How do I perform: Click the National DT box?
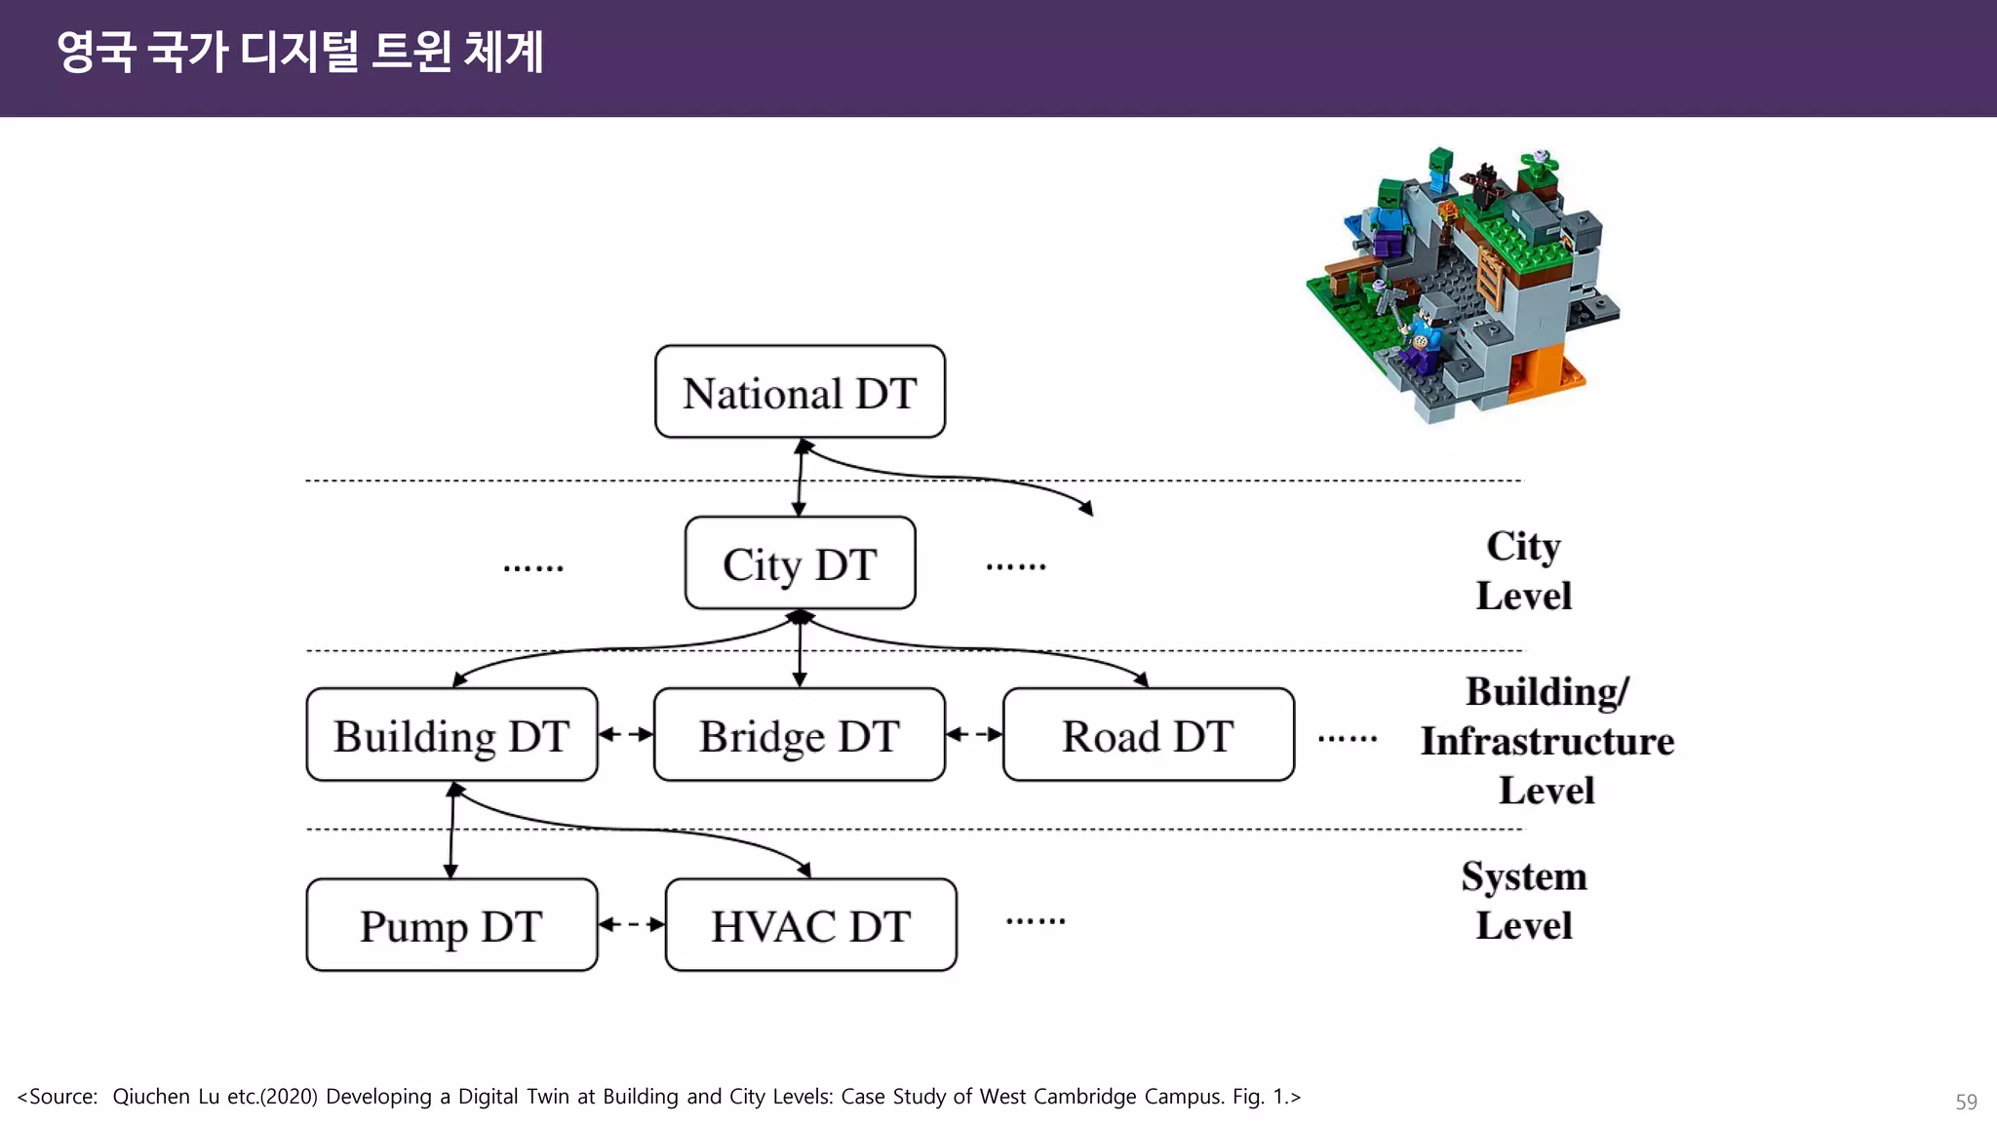800,392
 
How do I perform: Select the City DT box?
800,563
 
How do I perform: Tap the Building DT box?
451,735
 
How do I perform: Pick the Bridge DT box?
800,735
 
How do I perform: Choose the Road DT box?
1148,735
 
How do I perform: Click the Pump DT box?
451,925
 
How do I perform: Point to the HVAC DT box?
810,925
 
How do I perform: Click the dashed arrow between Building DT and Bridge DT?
626,735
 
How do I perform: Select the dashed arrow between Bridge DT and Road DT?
974,735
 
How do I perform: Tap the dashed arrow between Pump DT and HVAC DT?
632,924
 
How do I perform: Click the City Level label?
1523,570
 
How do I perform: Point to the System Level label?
1523,900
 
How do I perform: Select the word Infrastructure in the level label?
1547,741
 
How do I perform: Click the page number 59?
1966,1102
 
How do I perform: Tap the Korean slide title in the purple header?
300,52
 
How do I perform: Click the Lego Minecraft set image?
1463,283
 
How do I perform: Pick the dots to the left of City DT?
533,567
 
